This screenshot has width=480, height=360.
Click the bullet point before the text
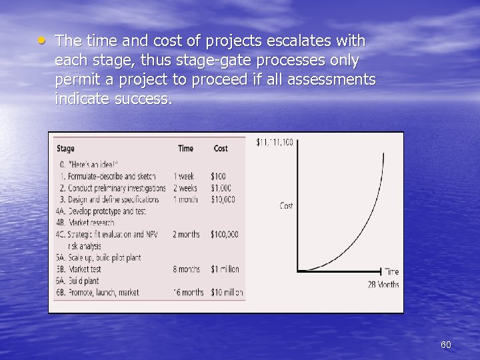[x=41, y=40]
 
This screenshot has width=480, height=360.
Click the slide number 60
[x=446, y=345]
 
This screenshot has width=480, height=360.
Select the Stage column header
[x=65, y=148]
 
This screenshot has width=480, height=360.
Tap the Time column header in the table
[x=185, y=148]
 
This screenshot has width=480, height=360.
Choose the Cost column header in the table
[x=221, y=148]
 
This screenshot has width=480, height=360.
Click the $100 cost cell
[x=218, y=177]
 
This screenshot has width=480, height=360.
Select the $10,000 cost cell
[x=223, y=199]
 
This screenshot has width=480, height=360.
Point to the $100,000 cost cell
[x=225, y=235]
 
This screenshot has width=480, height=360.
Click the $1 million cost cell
[x=225, y=269]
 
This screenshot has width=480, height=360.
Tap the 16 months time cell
[x=189, y=292]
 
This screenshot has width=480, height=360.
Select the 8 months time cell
[x=187, y=269]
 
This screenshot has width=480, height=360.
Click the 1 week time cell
[x=184, y=177]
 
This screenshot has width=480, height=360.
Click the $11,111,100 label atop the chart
[x=274, y=142]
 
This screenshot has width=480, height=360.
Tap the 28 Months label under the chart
[x=383, y=285]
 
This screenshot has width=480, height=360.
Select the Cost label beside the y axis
[x=286, y=206]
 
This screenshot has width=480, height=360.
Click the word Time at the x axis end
[x=392, y=271]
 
